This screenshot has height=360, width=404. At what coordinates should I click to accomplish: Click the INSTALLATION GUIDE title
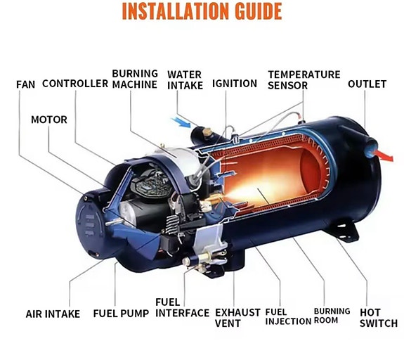(x=202, y=11)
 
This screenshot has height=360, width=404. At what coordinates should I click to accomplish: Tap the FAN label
(x=25, y=84)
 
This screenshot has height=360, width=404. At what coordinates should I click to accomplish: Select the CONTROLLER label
(x=75, y=84)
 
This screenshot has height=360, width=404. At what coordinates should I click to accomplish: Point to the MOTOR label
(x=49, y=120)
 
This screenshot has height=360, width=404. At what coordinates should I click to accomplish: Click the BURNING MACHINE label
(x=135, y=79)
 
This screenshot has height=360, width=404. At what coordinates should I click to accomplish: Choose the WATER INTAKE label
(x=185, y=80)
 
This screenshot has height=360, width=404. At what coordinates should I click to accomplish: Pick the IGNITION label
(x=235, y=84)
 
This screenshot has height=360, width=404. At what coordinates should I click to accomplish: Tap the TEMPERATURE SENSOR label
(x=304, y=80)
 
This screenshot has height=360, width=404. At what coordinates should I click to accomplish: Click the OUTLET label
(x=367, y=84)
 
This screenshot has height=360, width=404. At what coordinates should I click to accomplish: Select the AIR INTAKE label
(x=53, y=314)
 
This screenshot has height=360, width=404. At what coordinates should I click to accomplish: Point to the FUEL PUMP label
(x=121, y=314)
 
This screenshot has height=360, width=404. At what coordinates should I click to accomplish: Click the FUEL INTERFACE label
(x=182, y=308)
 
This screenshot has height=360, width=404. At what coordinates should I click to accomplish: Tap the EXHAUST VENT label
(x=237, y=318)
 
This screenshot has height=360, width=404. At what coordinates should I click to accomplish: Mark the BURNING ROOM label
(x=332, y=316)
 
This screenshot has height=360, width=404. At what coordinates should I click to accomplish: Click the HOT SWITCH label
(x=379, y=318)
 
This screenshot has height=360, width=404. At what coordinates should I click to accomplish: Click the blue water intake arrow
(x=181, y=122)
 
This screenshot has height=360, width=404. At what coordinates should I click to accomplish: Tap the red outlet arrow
(x=384, y=156)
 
